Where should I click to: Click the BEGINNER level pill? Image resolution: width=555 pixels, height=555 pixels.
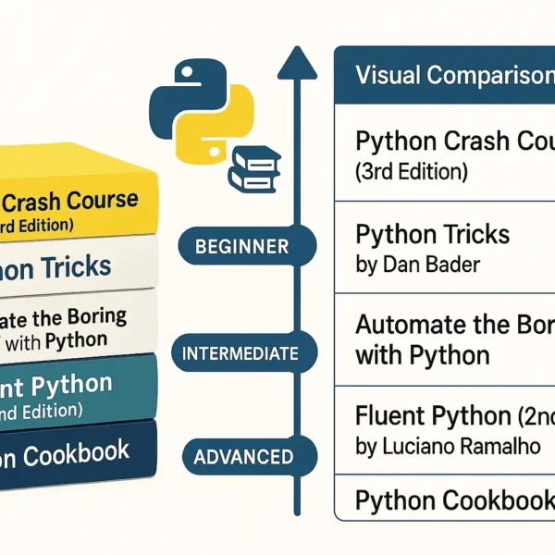coord(242,247)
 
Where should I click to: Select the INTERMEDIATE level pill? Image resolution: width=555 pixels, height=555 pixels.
coord(240,353)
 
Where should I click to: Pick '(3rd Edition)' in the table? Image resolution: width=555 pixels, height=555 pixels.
coord(411,171)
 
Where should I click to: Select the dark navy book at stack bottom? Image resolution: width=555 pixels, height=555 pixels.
coord(74,453)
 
